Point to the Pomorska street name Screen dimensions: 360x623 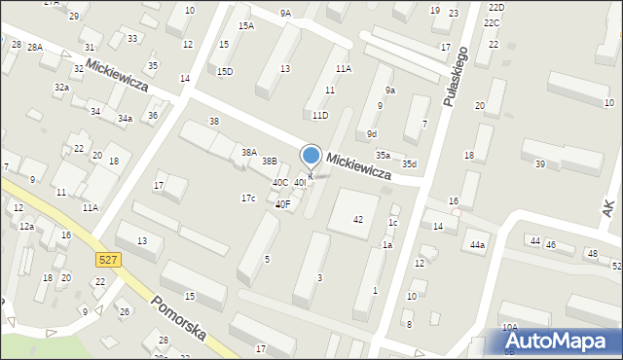pyautogui.click(x=178, y=318)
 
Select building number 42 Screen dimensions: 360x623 pyautogui.click(x=358, y=220)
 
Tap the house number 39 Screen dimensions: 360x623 pyautogui.click(x=540, y=163)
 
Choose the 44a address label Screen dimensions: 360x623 pyautogui.click(x=476, y=245)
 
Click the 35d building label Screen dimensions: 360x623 pyautogui.click(x=410, y=163)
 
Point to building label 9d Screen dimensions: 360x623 pyautogui.click(x=372, y=134)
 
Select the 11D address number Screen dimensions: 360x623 pyautogui.click(x=319, y=116)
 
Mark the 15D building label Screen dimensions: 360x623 pyautogui.click(x=225, y=71)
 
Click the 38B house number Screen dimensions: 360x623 pyautogui.click(x=269, y=162)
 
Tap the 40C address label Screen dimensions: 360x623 pyautogui.click(x=279, y=182)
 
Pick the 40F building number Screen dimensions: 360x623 pyautogui.click(x=282, y=204)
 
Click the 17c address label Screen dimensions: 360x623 pyautogui.click(x=248, y=198)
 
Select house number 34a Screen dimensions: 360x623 pyautogui.click(x=125, y=119)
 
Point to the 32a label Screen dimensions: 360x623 pyautogui.click(x=61, y=88)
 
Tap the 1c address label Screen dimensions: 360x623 pyautogui.click(x=393, y=223)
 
